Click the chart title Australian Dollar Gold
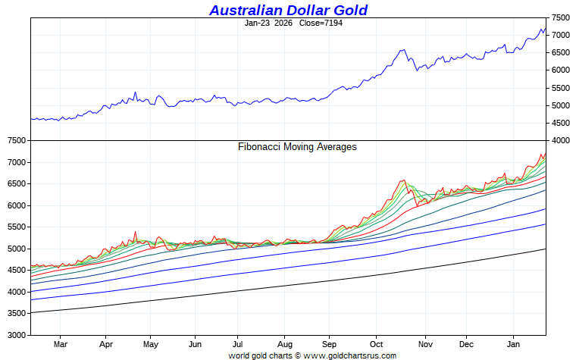point(288,10)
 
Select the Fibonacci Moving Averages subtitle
point(297,146)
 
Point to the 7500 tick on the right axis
point(562,17)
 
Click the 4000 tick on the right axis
point(562,140)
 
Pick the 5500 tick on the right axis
point(562,88)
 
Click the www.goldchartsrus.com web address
point(357,355)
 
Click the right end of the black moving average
point(546,249)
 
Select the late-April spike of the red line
point(135,232)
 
